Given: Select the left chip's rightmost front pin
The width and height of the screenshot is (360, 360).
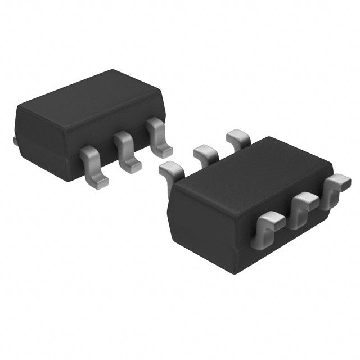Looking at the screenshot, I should pos(159,138).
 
